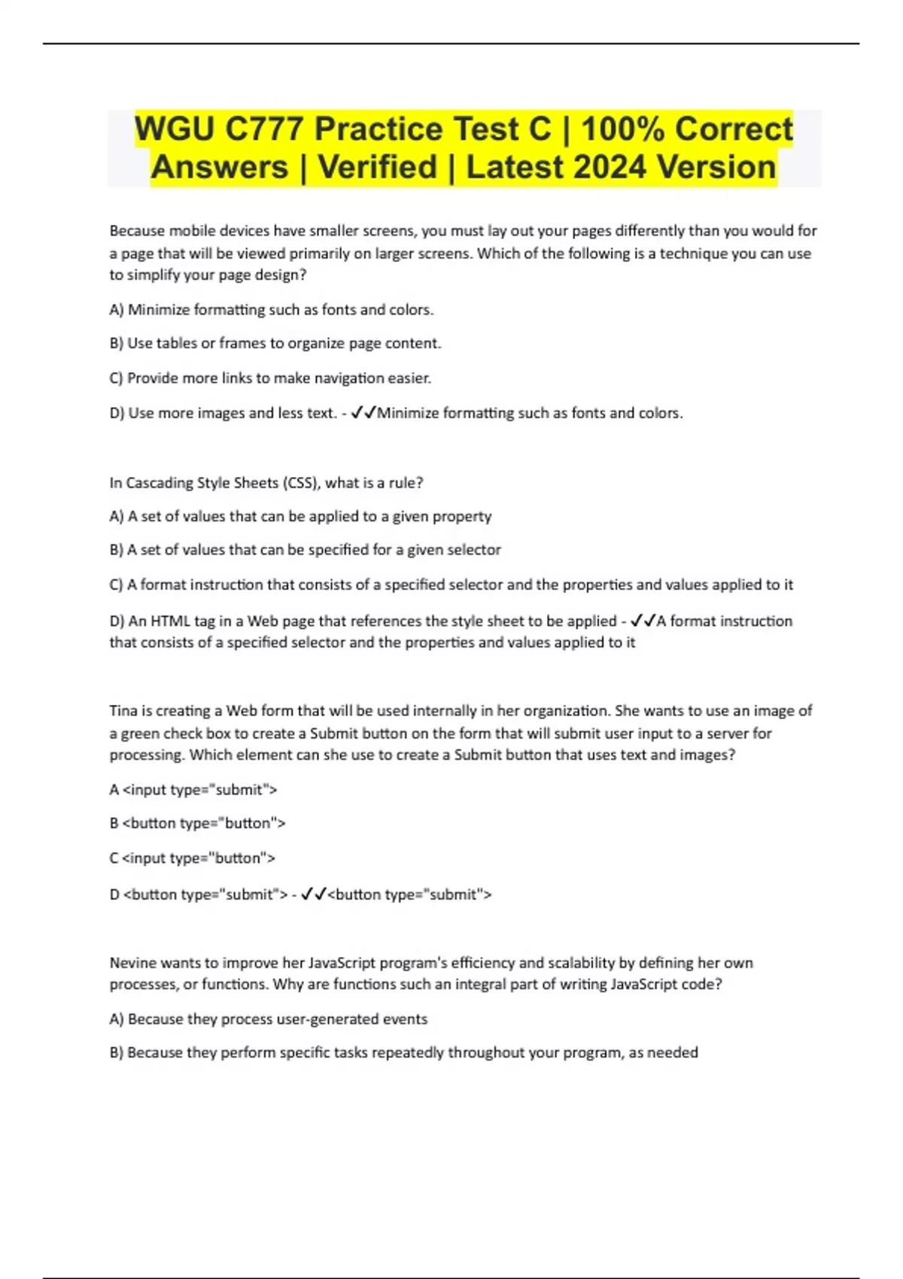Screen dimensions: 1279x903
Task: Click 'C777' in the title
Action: (262, 129)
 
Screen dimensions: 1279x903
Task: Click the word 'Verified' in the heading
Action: (377, 167)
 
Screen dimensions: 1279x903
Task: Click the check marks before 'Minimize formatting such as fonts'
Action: (363, 412)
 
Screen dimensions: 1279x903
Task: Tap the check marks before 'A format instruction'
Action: (643, 621)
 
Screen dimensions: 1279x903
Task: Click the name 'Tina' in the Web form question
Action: (123, 711)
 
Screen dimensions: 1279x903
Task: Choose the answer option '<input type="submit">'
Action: (199, 790)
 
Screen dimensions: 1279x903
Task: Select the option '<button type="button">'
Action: (203, 823)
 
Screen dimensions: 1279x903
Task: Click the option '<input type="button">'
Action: (198, 858)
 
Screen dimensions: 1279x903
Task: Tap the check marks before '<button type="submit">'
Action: (313, 894)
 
